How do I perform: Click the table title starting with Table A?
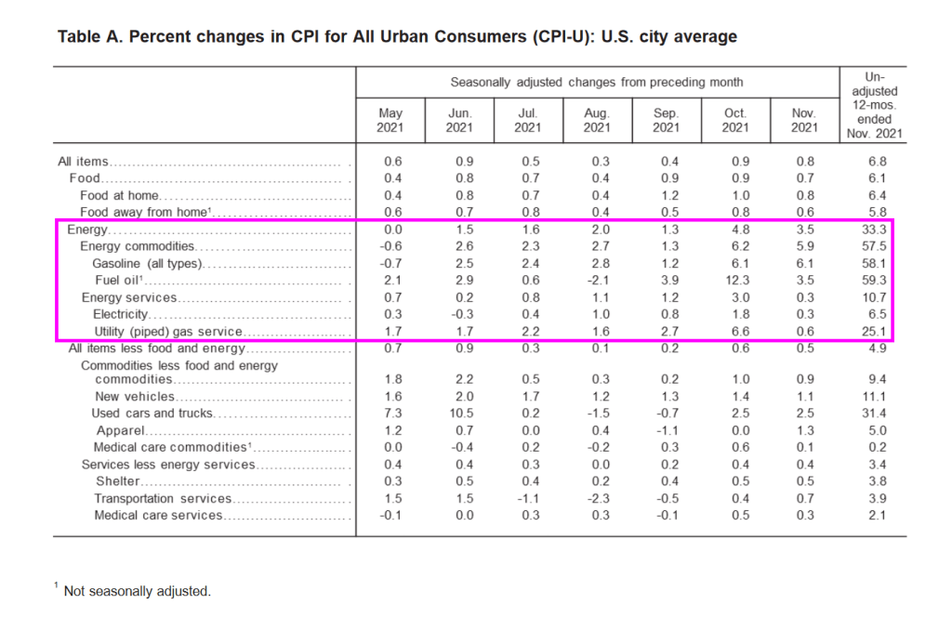[397, 37]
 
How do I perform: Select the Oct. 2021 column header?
[735, 120]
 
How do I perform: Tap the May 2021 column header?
[390, 120]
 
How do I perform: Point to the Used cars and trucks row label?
[152, 413]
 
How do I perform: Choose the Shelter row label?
[117, 481]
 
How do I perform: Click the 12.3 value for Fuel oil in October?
[735, 280]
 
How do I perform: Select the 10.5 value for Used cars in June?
[459, 413]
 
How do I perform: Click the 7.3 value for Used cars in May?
[391, 413]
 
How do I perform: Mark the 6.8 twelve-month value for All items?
[875, 162]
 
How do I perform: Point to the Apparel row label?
[121, 430]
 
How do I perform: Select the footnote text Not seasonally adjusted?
[137, 591]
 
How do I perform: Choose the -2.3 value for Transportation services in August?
[597, 498]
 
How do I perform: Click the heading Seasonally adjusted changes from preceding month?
[597, 82]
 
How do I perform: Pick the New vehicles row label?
[135, 396]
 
